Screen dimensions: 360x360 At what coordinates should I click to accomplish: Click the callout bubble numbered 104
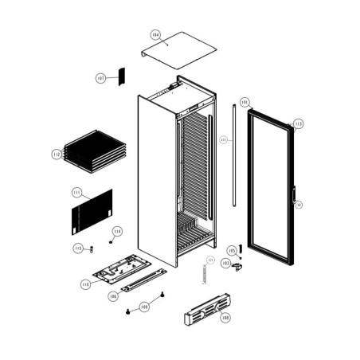[155, 35]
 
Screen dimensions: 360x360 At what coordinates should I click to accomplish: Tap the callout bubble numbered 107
[101, 78]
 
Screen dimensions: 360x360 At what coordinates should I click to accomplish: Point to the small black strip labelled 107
[121, 76]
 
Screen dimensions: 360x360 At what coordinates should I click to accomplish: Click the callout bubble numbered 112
[57, 154]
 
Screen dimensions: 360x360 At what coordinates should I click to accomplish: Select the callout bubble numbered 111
[76, 193]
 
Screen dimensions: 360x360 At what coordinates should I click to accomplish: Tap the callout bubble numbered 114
[117, 232]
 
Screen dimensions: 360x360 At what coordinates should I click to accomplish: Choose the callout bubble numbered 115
[78, 248]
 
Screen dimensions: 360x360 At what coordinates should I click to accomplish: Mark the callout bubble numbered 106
[114, 296]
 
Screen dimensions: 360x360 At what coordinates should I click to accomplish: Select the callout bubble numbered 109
[144, 306]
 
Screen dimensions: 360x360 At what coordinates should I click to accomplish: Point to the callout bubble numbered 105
[232, 250]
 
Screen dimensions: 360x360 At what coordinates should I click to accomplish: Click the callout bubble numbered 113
[298, 123]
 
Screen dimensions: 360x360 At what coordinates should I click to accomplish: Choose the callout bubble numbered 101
[245, 103]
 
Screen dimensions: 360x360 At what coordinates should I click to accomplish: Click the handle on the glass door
[294, 194]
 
